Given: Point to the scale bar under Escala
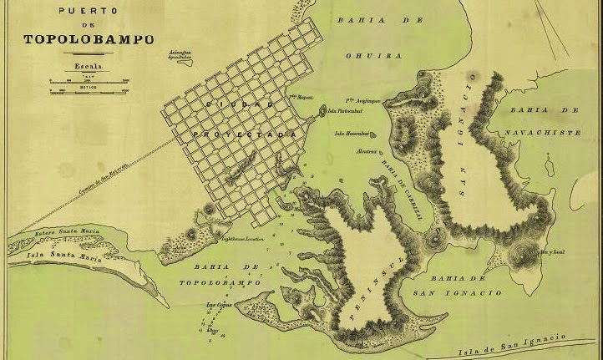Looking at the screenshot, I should (88, 81).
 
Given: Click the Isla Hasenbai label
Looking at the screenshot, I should (351, 133).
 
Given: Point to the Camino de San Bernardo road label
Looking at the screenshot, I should (104, 174).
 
